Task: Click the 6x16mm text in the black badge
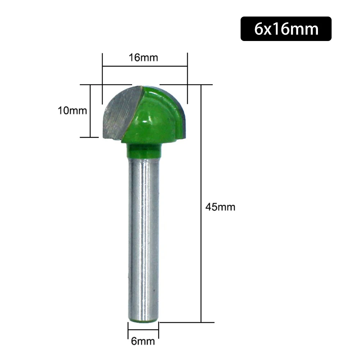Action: [x=286, y=29]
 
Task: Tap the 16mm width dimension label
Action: [x=144, y=58]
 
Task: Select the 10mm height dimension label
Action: [x=72, y=110]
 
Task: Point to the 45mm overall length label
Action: [x=220, y=207]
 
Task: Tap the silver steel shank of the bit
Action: [x=143, y=234]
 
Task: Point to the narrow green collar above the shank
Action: [x=143, y=151]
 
